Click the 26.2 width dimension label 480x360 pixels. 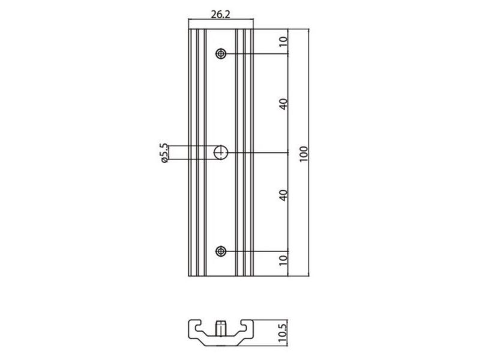pos(220,14)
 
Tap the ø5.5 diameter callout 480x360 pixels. pos(164,153)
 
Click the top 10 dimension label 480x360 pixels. pos(283,41)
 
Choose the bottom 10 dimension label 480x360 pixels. pos(283,260)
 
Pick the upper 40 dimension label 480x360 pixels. pos(283,104)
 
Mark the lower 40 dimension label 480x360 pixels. pos(283,196)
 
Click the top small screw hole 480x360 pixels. pos(221,54)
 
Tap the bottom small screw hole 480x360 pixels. pos(221,251)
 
